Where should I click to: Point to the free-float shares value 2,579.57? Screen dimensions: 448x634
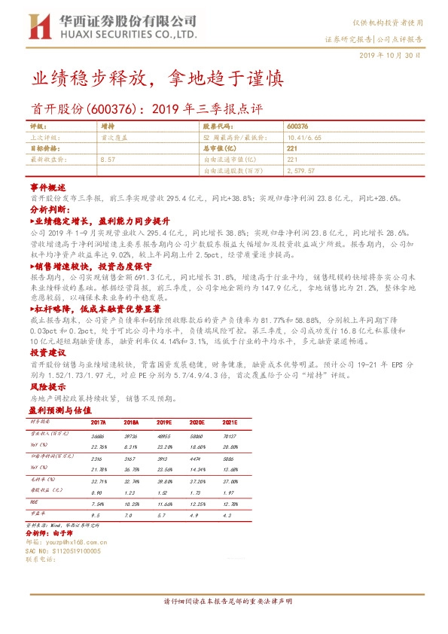pos(300,171)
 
